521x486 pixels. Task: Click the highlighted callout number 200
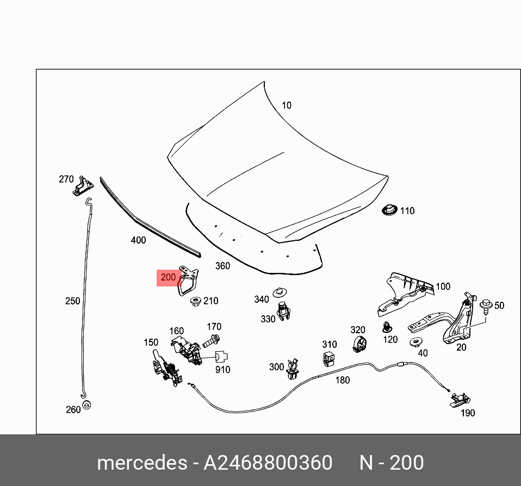(169, 277)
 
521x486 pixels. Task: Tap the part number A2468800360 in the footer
(268, 463)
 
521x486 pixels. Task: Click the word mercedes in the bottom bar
(141, 463)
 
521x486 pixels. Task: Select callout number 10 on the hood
(286, 105)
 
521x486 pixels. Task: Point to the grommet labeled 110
(389, 210)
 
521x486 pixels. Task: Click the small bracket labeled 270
(82, 186)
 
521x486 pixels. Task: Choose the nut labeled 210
(194, 301)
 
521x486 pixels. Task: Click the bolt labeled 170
(211, 342)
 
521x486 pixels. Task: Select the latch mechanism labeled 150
(165, 367)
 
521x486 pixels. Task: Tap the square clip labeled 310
(328, 358)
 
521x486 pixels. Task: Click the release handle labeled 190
(458, 400)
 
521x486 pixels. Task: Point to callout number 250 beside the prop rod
(72, 301)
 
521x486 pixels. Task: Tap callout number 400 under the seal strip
(138, 240)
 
